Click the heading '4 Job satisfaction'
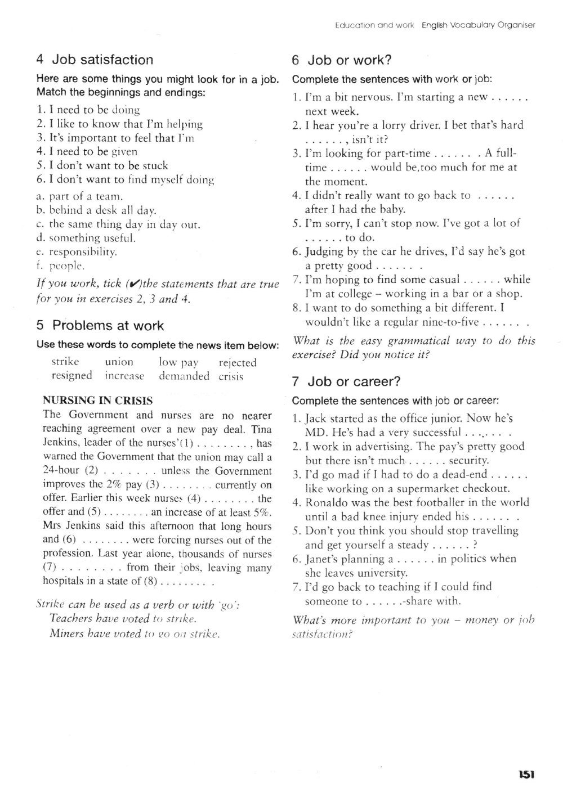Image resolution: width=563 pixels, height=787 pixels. tap(94, 60)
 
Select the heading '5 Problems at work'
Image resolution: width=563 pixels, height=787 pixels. tap(100, 326)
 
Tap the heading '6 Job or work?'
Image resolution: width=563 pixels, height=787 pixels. tap(342, 60)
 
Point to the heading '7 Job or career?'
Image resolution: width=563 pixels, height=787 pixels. tap(346, 381)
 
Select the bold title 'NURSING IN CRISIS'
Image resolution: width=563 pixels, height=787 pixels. tap(98, 401)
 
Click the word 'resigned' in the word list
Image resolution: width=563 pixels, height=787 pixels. tap(72, 376)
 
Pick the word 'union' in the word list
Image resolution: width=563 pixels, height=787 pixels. tap(119, 362)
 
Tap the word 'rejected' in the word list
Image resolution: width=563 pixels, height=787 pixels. tap(238, 363)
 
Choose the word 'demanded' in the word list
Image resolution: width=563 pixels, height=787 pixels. tap(184, 376)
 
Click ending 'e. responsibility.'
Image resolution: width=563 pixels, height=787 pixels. tap(76, 252)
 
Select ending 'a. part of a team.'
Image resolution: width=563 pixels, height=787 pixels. tap(79, 196)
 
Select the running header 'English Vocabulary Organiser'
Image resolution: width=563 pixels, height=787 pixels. tap(479, 25)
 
